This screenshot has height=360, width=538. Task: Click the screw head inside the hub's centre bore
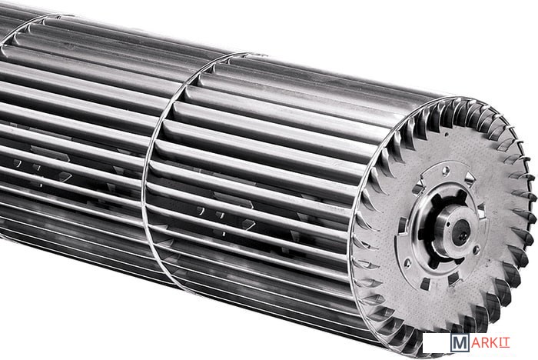(x=460, y=232)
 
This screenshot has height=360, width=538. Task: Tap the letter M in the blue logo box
(x=460, y=343)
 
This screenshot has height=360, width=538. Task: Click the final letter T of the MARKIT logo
(x=507, y=342)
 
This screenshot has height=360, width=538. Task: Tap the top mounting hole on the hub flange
(x=445, y=170)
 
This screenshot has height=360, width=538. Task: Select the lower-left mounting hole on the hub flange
(x=407, y=264)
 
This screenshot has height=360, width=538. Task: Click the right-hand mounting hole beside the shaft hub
(x=477, y=250)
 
